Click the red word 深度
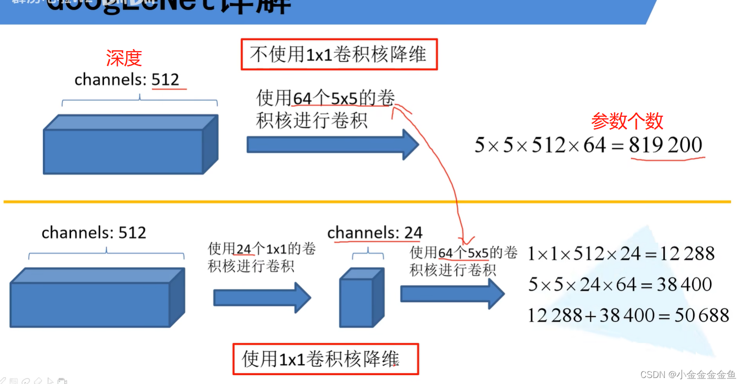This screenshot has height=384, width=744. (124, 58)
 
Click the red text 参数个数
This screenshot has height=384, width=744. (627, 121)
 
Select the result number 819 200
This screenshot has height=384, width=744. (665, 145)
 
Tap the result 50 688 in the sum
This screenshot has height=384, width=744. (701, 315)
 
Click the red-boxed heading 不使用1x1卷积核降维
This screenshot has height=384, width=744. (339, 54)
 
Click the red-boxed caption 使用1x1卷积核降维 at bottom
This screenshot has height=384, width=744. (325, 358)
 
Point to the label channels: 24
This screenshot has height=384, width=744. (375, 233)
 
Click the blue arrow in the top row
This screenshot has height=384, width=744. (332, 145)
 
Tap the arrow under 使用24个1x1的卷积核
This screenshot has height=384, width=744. (262, 297)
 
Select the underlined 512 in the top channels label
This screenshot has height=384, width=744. (165, 80)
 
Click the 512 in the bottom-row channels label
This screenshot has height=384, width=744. (132, 233)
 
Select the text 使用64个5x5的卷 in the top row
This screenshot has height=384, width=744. (325, 98)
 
